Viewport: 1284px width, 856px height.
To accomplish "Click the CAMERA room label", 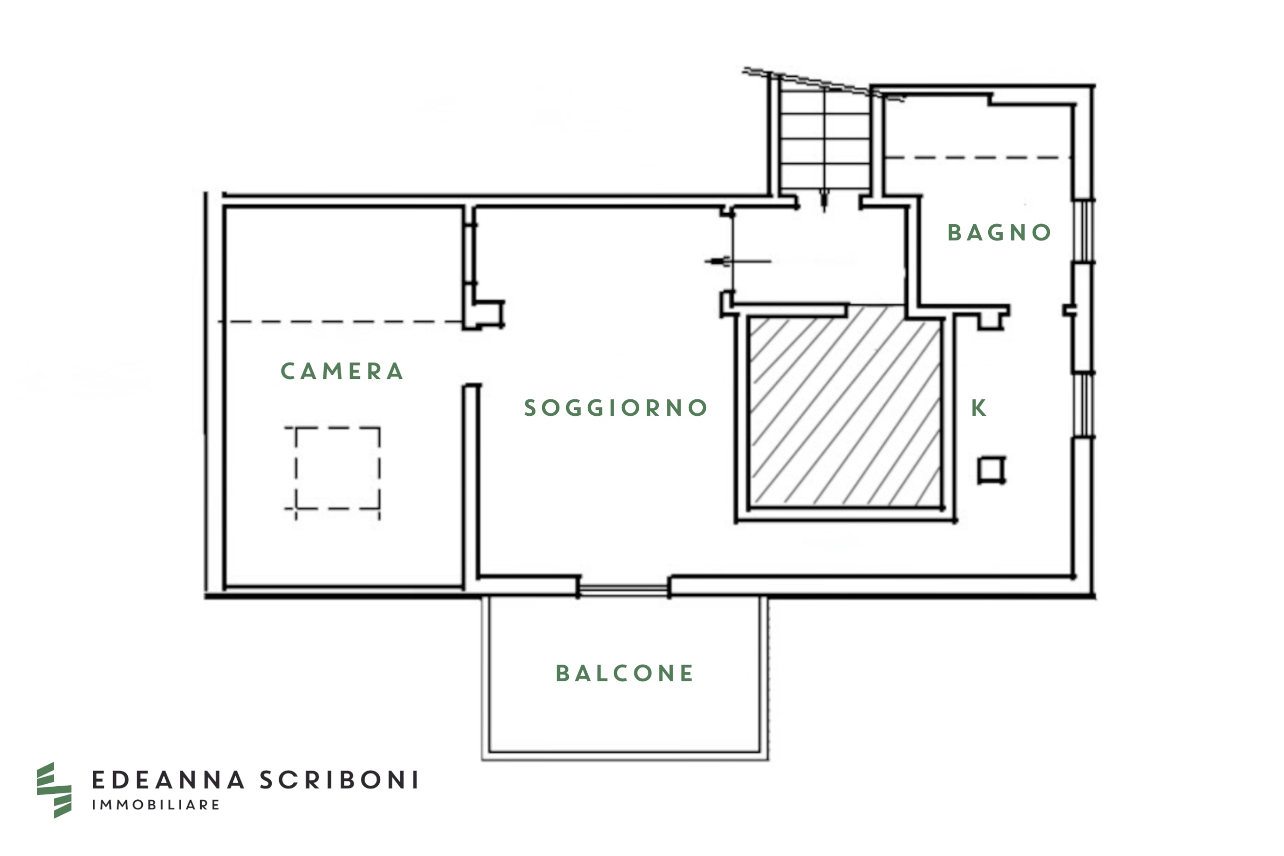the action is click(x=342, y=371).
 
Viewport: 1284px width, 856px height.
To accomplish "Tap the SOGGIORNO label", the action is click(x=616, y=408).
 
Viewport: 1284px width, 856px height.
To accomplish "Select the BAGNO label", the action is click(x=999, y=232).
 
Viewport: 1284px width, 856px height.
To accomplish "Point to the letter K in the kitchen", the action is click(x=978, y=408).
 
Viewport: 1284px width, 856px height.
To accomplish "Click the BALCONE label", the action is click(x=624, y=674).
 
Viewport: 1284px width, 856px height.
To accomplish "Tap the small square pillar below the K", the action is click(x=991, y=469).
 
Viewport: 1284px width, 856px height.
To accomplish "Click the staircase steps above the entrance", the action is click(x=825, y=139).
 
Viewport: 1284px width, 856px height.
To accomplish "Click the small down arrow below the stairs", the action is click(x=825, y=201).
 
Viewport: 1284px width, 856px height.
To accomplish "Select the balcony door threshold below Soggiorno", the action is click(x=623, y=590).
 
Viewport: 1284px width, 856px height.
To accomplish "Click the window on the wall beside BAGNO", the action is click(x=1084, y=231).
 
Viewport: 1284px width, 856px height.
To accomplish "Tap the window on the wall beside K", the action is click(x=1084, y=404).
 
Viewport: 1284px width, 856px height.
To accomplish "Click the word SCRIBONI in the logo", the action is click(x=339, y=780).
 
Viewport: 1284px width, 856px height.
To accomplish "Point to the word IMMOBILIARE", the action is click(x=156, y=805).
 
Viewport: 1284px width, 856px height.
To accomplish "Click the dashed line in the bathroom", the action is click(x=976, y=157).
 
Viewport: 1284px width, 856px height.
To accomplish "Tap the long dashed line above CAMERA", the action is click(x=340, y=321).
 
